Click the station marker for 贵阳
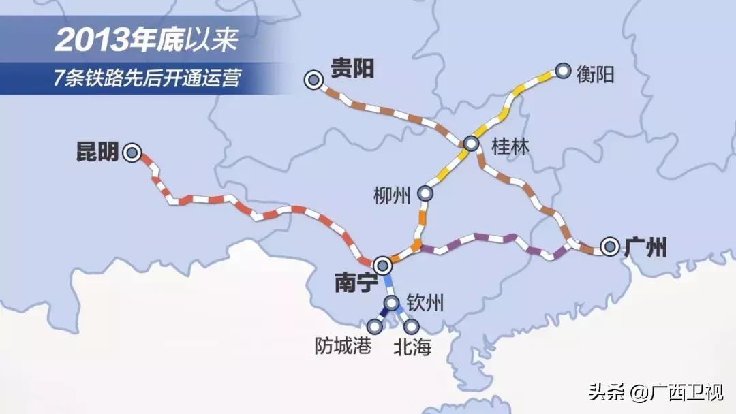click(x=313, y=81)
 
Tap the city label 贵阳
click(x=352, y=69)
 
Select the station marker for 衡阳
click(x=563, y=70)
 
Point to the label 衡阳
click(x=595, y=73)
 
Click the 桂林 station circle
click(x=471, y=144)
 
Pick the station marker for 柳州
click(x=426, y=193)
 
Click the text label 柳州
click(x=393, y=195)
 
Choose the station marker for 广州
click(x=609, y=246)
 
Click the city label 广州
click(x=644, y=246)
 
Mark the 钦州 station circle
click(x=392, y=303)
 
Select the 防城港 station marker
click(x=374, y=327)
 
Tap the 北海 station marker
click(x=411, y=327)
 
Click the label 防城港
click(x=343, y=347)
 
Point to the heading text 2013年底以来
click(x=146, y=40)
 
